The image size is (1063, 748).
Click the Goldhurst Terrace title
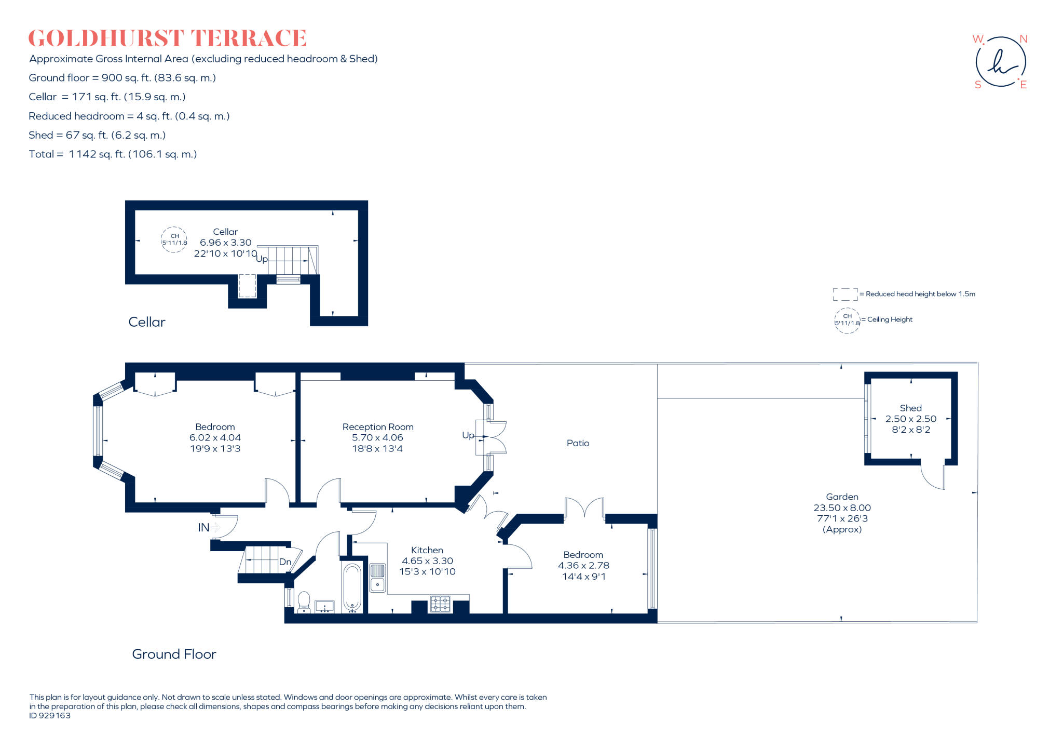pyautogui.click(x=167, y=38)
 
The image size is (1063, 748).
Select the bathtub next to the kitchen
pyautogui.click(x=352, y=587)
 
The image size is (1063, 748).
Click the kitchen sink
pyautogui.click(x=377, y=577)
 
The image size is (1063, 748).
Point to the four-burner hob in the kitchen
pyautogui.click(x=440, y=604)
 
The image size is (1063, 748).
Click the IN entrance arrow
pyautogui.click(x=215, y=528)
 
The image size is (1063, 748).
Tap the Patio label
pyautogui.click(x=578, y=443)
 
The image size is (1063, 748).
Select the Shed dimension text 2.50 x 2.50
pyautogui.click(x=910, y=419)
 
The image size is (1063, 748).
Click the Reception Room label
pyautogui.click(x=378, y=427)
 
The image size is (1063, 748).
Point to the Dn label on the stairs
pyautogui.click(x=285, y=562)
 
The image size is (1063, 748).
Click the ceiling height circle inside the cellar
pyautogui.click(x=174, y=239)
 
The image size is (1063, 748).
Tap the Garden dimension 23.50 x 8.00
pyautogui.click(x=842, y=507)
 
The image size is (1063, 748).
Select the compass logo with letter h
pyautogui.click(x=1000, y=62)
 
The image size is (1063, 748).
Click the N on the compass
pyautogui.click(x=1023, y=39)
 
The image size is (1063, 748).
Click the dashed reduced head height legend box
pyautogui.click(x=845, y=295)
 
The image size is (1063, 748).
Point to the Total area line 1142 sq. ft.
pyautogui.click(x=113, y=154)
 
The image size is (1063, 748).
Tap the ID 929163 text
pyautogui.click(x=50, y=715)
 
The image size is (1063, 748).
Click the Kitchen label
pyautogui.click(x=427, y=550)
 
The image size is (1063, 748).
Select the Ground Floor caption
pyautogui.click(x=174, y=654)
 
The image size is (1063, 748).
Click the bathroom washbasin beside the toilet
pyautogui.click(x=325, y=606)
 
